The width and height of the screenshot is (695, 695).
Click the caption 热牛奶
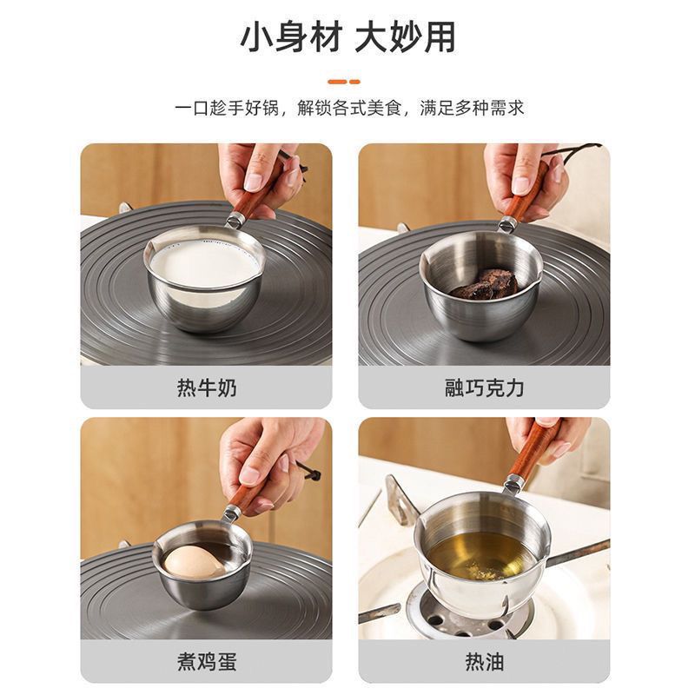206,387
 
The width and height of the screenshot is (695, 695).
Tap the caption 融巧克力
484,387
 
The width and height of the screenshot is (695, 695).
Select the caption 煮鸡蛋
206,662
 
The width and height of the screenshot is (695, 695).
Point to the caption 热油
484,662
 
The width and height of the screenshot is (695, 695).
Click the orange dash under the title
347,81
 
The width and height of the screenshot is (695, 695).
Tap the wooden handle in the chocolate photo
525,195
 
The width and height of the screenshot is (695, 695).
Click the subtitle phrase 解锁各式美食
348,109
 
